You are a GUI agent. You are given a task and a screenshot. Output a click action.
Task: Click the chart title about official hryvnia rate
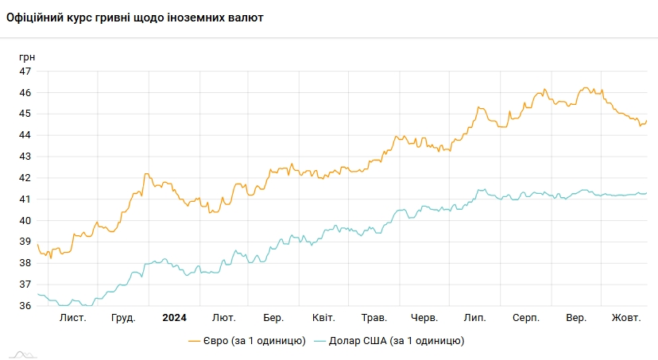134,17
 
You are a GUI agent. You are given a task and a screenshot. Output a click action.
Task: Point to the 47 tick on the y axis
25,72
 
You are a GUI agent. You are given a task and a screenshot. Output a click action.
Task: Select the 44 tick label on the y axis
25,135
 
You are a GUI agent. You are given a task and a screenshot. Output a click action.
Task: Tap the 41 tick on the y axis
25,199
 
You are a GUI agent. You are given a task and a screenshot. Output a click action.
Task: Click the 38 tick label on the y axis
25,263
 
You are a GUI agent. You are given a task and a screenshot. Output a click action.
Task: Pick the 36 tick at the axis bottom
25,306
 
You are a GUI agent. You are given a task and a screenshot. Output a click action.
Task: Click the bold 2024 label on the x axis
174,318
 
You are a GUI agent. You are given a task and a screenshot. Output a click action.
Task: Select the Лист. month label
73,318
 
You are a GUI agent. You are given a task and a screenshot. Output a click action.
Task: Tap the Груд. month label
123,318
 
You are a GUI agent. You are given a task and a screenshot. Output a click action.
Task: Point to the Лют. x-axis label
224,318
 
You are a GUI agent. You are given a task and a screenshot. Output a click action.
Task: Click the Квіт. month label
323,318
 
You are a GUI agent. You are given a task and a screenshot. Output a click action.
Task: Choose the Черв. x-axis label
425,318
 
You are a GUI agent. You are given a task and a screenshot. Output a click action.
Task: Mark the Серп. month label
526,318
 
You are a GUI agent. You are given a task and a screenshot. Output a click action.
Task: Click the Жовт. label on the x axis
626,318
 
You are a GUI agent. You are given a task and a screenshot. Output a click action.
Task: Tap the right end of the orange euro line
647,122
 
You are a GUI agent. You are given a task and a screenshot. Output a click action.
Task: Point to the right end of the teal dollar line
647,193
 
